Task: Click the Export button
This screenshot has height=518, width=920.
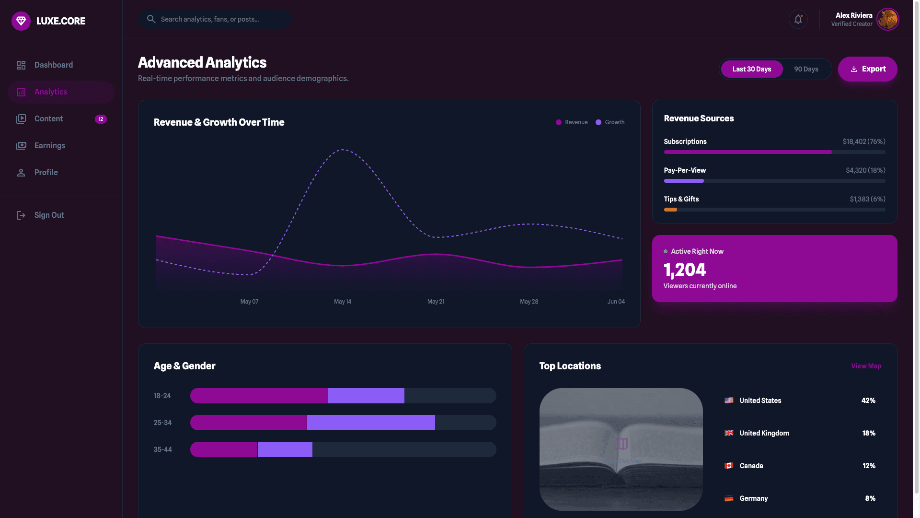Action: [867, 69]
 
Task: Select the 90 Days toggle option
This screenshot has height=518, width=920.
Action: [806, 69]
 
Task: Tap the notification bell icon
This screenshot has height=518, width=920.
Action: [798, 19]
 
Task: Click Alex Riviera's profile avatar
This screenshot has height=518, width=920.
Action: [887, 20]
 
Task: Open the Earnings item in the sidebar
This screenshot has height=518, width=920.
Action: [49, 145]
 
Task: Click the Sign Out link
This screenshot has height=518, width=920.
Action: [49, 215]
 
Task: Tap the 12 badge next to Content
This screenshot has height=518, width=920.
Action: [101, 119]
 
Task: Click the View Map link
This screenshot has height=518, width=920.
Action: [866, 366]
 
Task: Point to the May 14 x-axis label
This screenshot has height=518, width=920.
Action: [343, 302]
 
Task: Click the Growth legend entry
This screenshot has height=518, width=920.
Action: [610, 122]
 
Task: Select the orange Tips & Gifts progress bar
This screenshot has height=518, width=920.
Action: [670, 210]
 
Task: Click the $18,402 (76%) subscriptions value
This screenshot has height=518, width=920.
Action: [864, 141]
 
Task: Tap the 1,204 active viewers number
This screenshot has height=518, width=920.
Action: [684, 270]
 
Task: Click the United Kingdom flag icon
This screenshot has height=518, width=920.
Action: [729, 433]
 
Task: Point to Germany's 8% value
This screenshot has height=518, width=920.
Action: [870, 498]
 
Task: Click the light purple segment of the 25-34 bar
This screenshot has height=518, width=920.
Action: [371, 423]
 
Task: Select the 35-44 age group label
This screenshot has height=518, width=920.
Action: [163, 449]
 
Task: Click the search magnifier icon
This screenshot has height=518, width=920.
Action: [151, 19]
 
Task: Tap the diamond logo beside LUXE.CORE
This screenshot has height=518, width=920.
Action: [21, 21]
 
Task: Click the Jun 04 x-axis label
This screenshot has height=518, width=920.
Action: [616, 302]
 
